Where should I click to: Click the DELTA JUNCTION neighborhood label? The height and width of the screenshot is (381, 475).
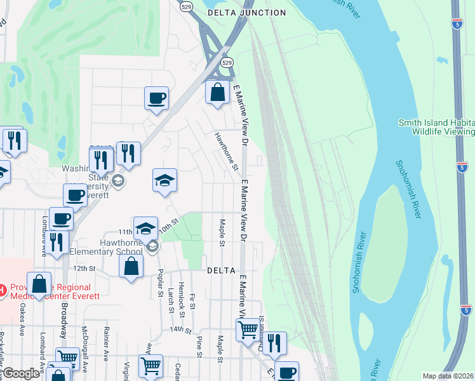[247, 13]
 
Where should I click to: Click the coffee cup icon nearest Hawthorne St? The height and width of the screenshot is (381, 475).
[156, 98]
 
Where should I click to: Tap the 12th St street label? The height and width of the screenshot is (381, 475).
[83, 269]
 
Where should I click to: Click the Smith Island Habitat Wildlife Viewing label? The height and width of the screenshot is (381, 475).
[436, 127]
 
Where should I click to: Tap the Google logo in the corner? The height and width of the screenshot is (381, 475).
[21, 373]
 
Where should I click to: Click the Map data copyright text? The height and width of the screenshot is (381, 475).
[448, 376]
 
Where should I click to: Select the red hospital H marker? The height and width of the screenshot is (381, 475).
[3, 291]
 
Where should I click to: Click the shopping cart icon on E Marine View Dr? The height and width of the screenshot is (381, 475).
[247, 329]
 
